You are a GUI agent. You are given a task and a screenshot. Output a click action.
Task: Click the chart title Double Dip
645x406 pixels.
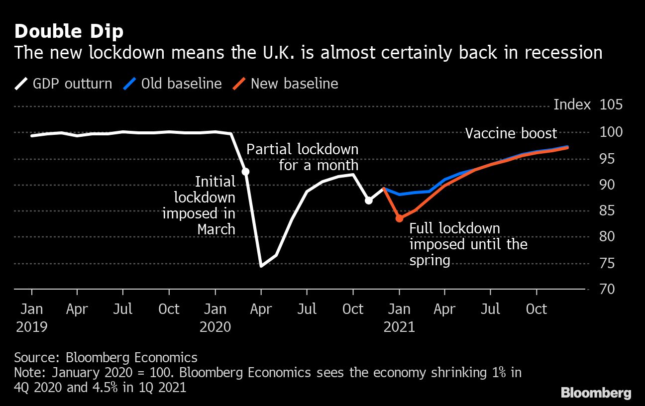pyautogui.click(x=69, y=31)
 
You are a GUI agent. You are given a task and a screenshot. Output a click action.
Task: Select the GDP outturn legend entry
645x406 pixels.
pyautogui.click(x=64, y=83)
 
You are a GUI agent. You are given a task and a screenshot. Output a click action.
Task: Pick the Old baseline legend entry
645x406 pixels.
pyautogui.click(x=173, y=83)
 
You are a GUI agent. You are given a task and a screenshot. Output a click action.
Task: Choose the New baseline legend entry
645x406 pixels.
pyautogui.click(x=286, y=83)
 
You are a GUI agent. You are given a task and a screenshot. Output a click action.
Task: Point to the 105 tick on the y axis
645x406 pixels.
pyautogui.click(x=611, y=105)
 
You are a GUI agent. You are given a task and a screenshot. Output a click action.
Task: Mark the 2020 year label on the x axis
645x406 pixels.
pyautogui.click(x=215, y=327)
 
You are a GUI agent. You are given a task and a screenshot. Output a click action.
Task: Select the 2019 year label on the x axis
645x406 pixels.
pyautogui.click(x=32, y=327)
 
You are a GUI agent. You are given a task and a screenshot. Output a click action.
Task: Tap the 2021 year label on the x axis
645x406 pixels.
pyautogui.click(x=399, y=327)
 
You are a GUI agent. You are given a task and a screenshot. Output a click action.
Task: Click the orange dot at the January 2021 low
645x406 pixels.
pyautogui.click(x=399, y=218)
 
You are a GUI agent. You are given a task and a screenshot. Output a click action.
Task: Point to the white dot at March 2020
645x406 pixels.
pyautogui.click(x=245, y=172)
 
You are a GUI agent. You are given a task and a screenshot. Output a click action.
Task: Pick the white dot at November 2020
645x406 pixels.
pyautogui.click(x=369, y=201)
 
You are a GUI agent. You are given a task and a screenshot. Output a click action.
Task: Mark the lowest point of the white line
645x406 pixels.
pyautogui.click(x=261, y=266)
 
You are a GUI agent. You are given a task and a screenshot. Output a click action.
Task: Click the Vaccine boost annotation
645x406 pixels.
pyautogui.click(x=511, y=133)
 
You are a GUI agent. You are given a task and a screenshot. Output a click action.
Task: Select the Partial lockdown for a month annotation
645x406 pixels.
pyautogui.click(x=302, y=157)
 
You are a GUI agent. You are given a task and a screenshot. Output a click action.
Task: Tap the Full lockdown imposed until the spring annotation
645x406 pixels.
pyautogui.click(x=468, y=244)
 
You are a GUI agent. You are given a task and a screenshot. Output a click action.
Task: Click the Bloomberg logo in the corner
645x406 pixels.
pyautogui.click(x=596, y=393)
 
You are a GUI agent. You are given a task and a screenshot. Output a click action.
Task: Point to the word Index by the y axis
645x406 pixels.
pyautogui.click(x=572, y=105)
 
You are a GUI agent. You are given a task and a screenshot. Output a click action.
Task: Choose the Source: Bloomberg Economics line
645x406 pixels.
pyautogui.click(x=106, y=357)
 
